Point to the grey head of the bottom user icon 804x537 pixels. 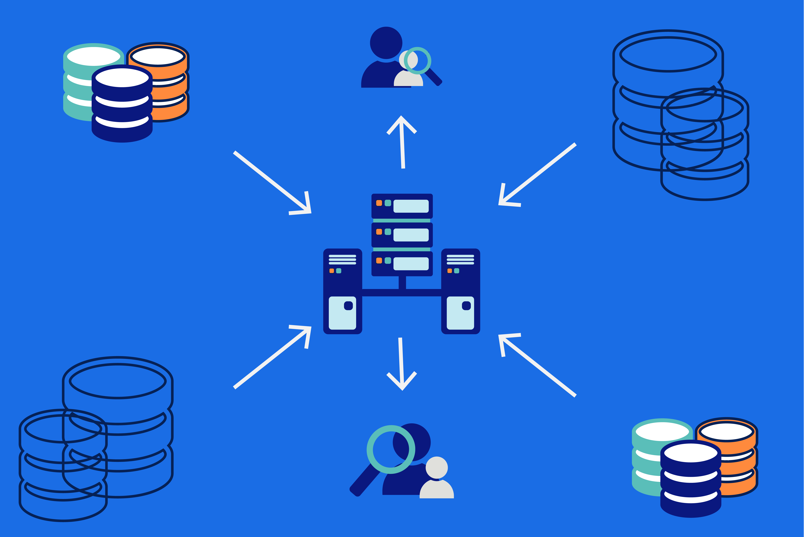(437, 467)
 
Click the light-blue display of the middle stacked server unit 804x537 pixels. (411, 235)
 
